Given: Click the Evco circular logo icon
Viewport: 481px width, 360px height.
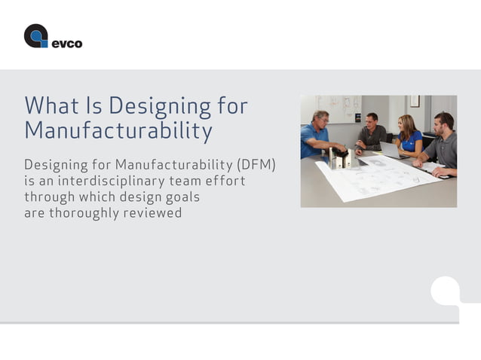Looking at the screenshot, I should coord(35,36).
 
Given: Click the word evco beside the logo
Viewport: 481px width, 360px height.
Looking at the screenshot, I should coord(66,44).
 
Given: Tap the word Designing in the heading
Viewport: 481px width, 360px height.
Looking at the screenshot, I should coord(148,106).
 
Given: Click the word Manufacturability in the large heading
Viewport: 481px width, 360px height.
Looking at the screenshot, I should coord(118,131).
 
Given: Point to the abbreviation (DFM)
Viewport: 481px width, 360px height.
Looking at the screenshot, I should coord(256,164).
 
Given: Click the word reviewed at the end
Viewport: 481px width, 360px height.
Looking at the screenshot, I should coord(156,213).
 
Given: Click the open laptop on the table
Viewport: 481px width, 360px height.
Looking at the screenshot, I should coord(390,150).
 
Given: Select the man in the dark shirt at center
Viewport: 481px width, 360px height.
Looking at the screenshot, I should coord(371,134).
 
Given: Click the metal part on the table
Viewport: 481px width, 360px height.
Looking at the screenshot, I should coord(339,158).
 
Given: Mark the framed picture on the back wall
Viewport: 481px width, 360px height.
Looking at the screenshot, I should coord(414,101).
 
